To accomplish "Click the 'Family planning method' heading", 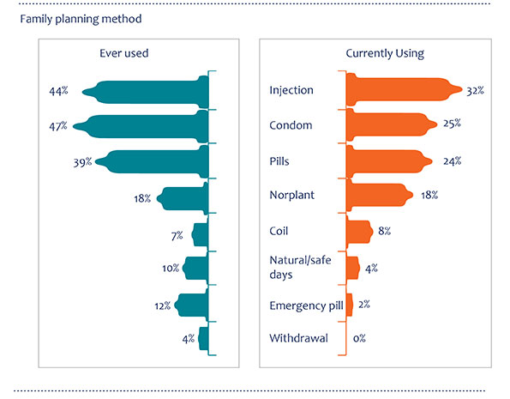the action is (81, 19).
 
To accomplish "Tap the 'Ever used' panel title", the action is (124, 53).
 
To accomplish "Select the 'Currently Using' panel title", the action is (385, 53).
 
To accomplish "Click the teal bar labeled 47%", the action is (141, 126).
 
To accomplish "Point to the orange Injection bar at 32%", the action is (404, 89).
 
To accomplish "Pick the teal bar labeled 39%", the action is (152, 161).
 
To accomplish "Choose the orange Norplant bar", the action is (379, 195).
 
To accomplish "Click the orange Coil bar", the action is (359, 232).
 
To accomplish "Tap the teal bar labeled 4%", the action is (204, 338).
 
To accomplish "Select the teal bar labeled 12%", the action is (192, 305).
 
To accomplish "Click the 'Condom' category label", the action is (291, 125).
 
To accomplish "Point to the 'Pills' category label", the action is (279, 161).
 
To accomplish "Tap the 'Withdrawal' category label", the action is (298, 338).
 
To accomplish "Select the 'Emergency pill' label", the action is (306, 305).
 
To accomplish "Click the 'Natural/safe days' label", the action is (300, 267).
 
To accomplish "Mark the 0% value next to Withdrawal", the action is (359, 338).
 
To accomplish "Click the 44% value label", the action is (58, 91).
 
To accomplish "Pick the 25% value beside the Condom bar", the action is (452, 124).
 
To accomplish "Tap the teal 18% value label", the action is (142, 198).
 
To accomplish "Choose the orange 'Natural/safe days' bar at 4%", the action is (352, 268).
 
